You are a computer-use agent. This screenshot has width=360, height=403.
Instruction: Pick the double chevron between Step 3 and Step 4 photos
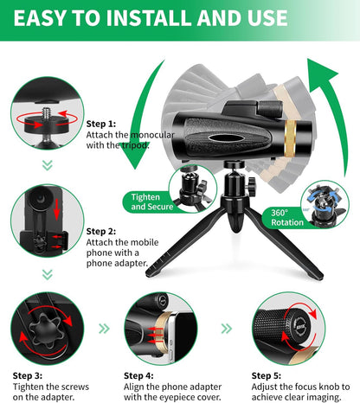pos(105,329)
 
